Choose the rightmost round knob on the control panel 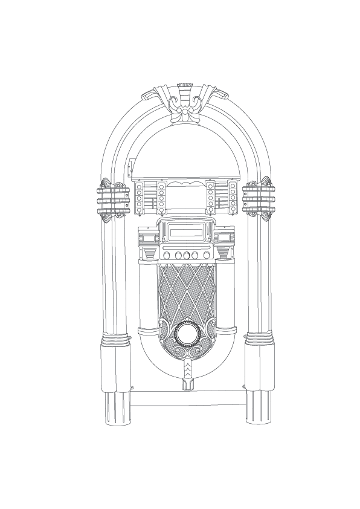[x=207, y=255]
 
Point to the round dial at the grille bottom [x=185, y=334]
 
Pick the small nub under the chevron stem [x=185, y=385]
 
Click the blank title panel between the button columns [x=185, y=196]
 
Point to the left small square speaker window [x=148, y=238]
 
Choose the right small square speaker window [x=224, y=238]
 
